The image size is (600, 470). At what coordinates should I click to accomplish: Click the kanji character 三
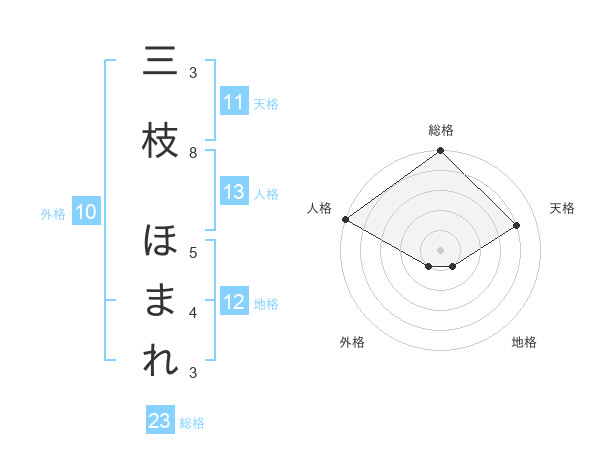point(160,62)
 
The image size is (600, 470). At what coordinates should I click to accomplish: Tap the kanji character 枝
point(160,143)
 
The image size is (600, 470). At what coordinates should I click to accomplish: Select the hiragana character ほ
point(160,242)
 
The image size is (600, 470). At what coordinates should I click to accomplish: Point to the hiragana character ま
point(160,303)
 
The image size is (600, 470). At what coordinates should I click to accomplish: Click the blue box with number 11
point(234,102)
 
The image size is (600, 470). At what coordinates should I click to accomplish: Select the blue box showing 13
point(234,192)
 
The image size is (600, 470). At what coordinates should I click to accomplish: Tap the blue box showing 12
point(234,302)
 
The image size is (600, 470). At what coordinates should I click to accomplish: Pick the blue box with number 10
point(85,211)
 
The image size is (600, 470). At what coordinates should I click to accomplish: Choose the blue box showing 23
point(160,421)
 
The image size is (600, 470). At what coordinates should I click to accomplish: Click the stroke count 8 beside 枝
point(193,152)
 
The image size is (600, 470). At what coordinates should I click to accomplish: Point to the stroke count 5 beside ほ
point(193,252)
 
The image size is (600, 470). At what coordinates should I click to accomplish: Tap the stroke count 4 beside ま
point(193,312)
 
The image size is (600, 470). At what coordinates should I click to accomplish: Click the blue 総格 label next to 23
point(192,422)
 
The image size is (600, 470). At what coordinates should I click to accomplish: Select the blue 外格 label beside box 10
point(53,212)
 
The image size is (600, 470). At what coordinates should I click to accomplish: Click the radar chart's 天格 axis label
point(563,208)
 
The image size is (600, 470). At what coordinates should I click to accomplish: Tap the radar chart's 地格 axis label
point(524,342)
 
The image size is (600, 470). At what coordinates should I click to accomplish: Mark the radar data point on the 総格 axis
point(440,152)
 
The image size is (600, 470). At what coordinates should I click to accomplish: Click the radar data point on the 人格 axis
point(345,219)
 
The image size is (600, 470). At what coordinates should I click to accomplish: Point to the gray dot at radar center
point(440,248)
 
